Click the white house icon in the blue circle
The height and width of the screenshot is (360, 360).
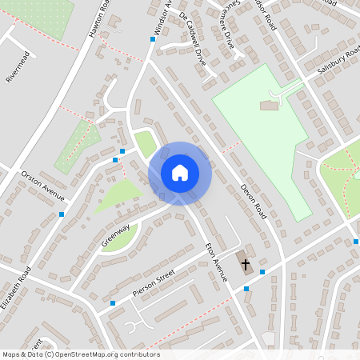click(179, 173)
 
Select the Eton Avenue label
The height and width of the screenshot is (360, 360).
click(216, 262)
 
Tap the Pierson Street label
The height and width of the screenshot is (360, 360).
click(153, 284)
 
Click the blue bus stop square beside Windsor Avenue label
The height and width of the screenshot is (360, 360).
click(153, 38)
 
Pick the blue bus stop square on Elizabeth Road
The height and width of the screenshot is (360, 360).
click(62, 214)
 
